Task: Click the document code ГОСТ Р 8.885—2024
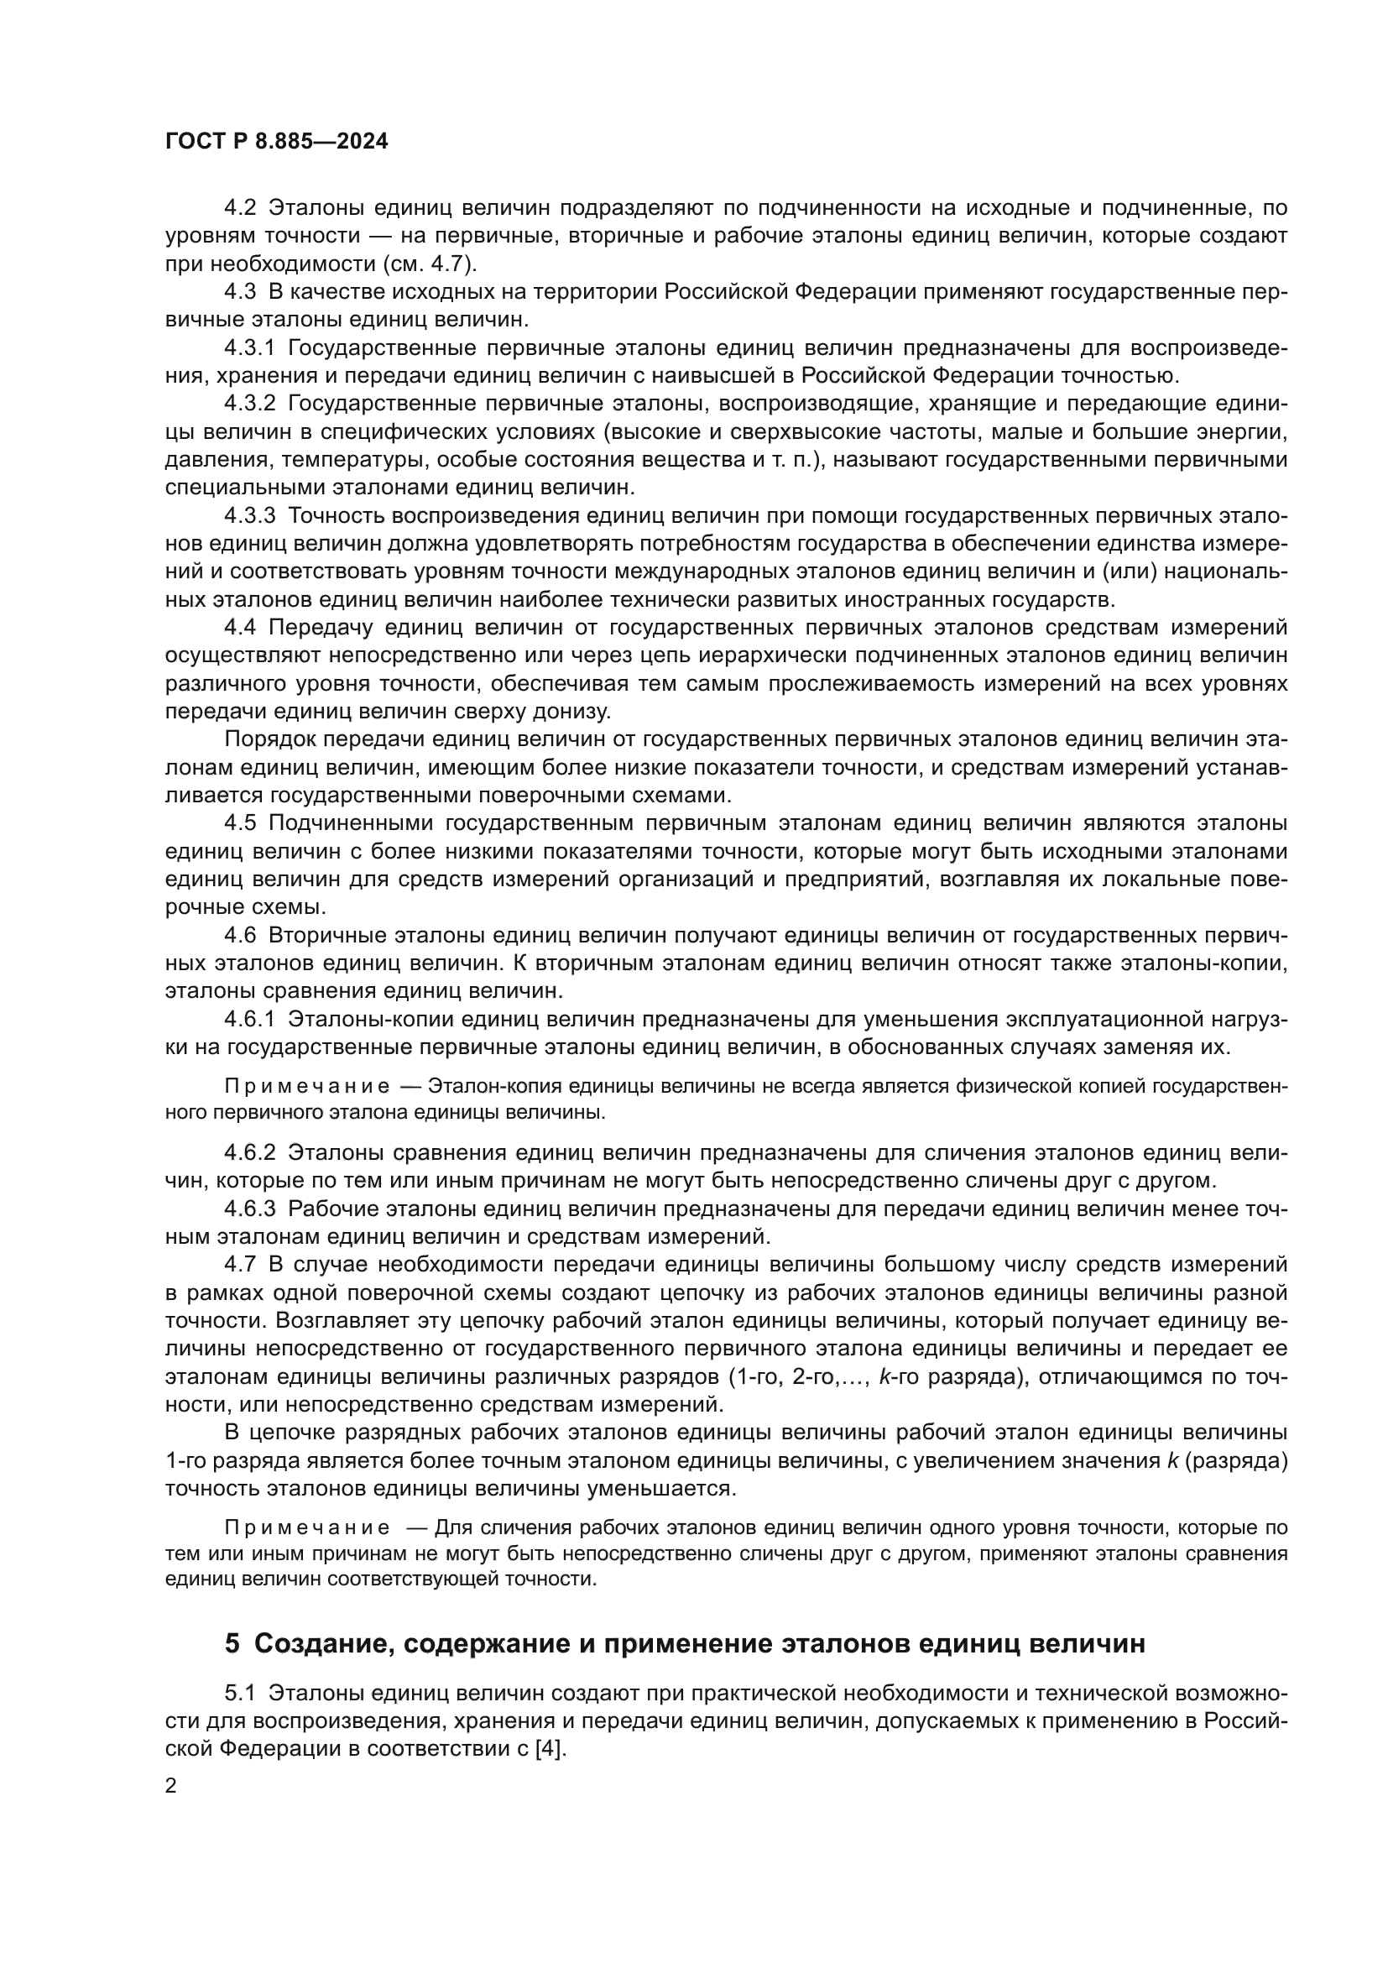click(x=276, y=142)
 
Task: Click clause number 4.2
click(x=239, y=208)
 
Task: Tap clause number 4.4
click(x=239, y=628)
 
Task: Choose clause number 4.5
click(x=239, y=823)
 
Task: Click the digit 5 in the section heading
click(x=232, y=1643)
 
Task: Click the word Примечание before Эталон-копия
click(x=307, y=1087)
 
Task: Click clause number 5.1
click(x=239, y=1694)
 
